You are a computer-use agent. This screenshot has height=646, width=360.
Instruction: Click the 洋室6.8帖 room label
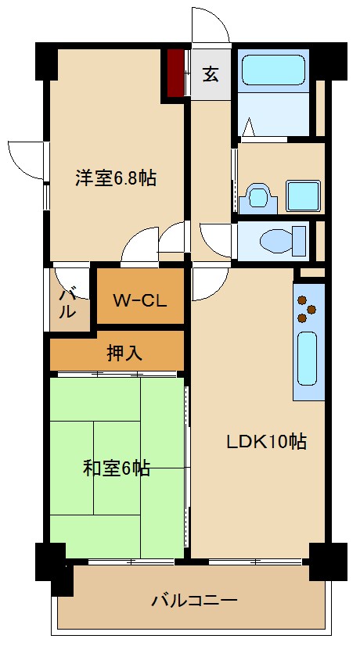116,178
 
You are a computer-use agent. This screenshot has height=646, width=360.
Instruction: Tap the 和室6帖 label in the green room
117,468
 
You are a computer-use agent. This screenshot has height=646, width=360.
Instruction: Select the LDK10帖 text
266,442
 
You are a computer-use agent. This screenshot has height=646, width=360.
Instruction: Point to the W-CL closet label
139,300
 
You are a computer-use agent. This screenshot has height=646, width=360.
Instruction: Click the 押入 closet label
124,353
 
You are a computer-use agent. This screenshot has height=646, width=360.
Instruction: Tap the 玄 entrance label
211,75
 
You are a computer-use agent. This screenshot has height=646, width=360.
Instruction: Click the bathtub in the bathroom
274,70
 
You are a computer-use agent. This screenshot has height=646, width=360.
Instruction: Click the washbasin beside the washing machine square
256,196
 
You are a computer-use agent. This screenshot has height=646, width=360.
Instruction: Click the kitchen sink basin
308,356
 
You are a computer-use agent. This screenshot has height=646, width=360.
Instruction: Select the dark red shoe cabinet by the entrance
175,73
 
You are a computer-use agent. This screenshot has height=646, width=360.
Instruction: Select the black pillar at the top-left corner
46,61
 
